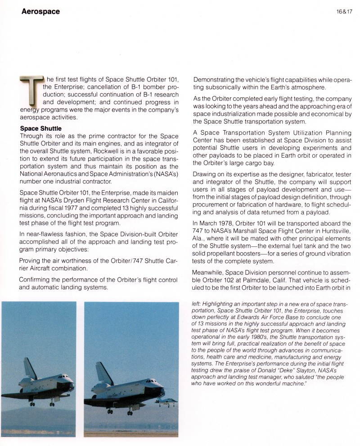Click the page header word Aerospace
click(40, 12)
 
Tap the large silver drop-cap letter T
click(31, 95)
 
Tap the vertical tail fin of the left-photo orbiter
click(30, 369)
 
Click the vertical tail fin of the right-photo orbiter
click(103, 372)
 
